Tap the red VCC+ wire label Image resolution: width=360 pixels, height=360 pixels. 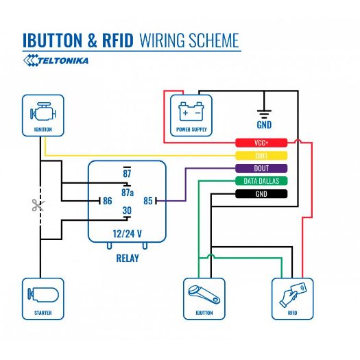point(261,143)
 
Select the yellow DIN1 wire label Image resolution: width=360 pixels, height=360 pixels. point(261,156)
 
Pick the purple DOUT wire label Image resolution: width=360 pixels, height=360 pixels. point(261,168)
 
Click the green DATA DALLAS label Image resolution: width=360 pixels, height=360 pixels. point(261,181)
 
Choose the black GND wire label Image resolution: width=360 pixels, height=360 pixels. point(261,194)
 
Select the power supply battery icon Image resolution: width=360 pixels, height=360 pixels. point(191,113)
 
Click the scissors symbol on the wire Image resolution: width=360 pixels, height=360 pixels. point(36,204)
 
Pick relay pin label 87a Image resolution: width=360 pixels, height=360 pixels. point(128,193)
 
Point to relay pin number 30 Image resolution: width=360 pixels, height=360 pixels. point(127,211)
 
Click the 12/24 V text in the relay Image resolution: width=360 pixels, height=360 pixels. point(127,233)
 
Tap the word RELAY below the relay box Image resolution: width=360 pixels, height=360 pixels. point(127,259)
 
